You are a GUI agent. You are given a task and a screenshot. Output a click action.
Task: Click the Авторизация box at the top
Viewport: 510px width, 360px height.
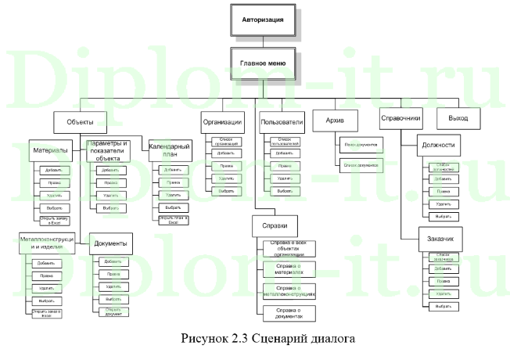tap(264, 16)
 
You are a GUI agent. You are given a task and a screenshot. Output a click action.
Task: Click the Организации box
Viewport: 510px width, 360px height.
tap(221, 122)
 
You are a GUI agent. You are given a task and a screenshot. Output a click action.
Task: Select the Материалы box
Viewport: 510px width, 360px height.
tap(52, 149)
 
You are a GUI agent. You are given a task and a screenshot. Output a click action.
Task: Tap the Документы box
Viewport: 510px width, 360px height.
tap(110, 243)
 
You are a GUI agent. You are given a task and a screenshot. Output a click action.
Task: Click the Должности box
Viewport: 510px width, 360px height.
tap(437, 146)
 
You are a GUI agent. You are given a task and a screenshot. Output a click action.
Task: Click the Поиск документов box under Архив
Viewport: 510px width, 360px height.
tap(359, 146)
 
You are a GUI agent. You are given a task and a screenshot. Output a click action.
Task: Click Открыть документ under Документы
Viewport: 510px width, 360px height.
tap(113, 311)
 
